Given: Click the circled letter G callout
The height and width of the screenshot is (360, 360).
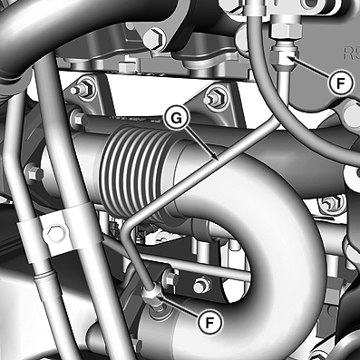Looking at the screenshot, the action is pos(177,119).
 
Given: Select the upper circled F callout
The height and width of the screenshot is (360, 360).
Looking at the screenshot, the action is pos(341,83).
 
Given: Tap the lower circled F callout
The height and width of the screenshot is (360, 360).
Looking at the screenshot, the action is pos(209,323).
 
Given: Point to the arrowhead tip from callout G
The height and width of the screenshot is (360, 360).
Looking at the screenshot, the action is pos(218,160).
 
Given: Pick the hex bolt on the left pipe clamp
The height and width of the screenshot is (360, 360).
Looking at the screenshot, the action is pos(55,233).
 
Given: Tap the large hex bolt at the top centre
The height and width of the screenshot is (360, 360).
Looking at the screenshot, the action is pos(154,37).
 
